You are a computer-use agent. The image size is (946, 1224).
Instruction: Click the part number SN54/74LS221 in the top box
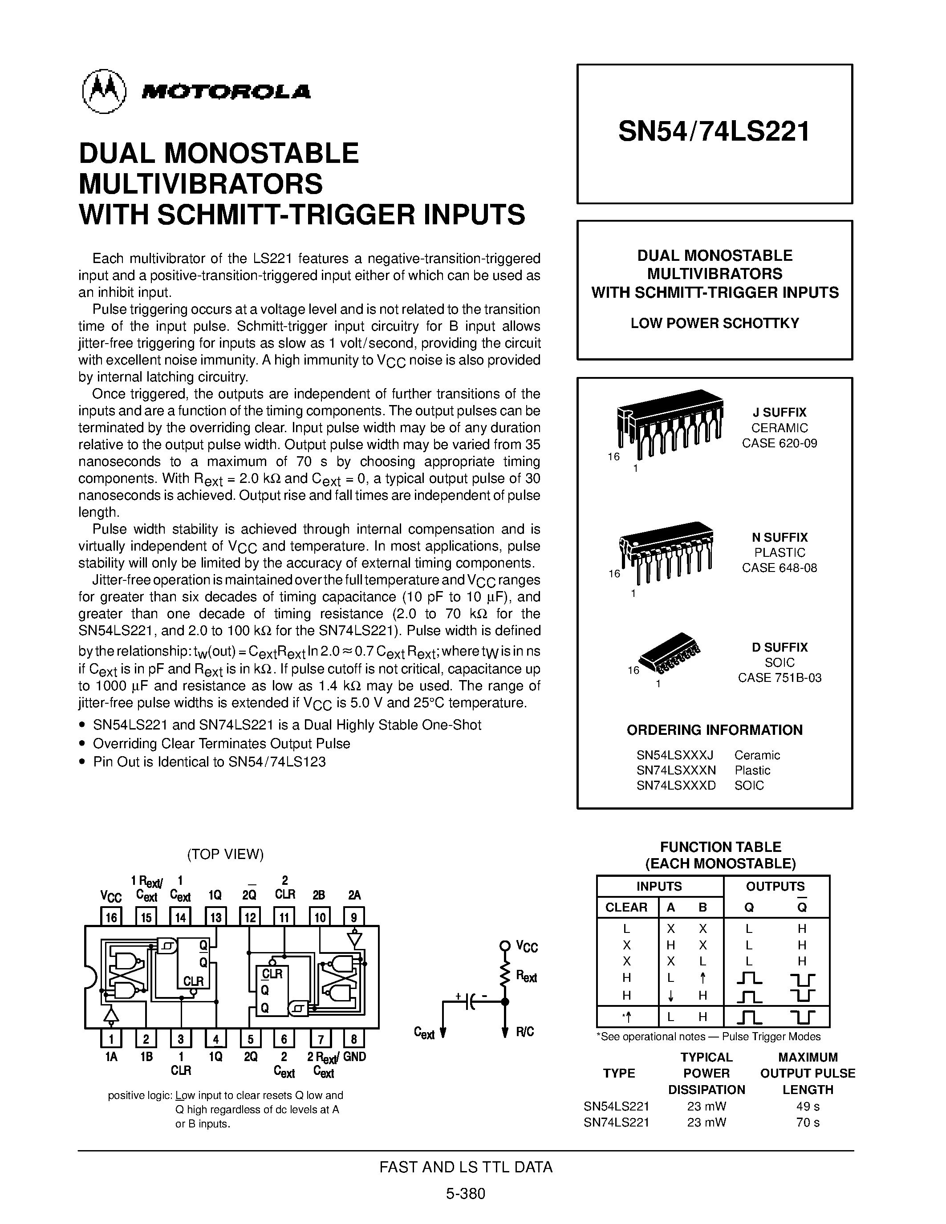coord(714,132)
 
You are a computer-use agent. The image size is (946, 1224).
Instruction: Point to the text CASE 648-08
coord(779,568)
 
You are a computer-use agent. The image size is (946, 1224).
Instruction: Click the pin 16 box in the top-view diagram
coord(111,917)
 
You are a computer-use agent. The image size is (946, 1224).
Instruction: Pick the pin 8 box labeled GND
coord(353,1039)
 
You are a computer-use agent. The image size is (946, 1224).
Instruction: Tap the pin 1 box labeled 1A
coord(111,1039)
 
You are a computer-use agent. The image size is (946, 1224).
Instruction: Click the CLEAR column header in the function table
coord(626,907)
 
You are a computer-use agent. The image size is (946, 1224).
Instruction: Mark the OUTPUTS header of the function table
coord(775,886)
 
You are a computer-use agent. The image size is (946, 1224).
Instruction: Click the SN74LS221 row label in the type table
coord(616,1122)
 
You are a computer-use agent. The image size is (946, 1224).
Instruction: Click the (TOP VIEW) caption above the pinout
coord(225,854)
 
